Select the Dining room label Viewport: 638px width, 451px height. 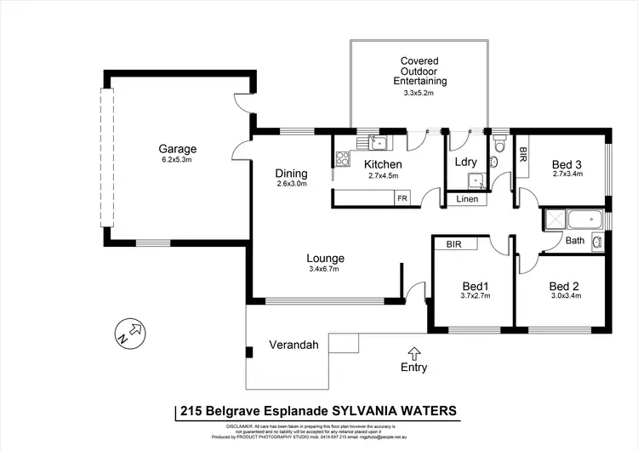click(x=291, y=170)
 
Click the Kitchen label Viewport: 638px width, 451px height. click(x=382, y=164)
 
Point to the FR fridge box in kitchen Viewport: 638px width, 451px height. click(x=402, y=197)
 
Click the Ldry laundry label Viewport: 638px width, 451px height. click(x=466, y=162)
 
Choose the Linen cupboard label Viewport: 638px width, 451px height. click(x=467, y=199)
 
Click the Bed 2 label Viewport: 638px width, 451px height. click(x=563, y=286)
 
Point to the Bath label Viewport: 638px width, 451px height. click(x=575, y=241)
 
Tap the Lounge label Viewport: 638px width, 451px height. click(x=326, y=258)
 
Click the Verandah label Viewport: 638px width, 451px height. click(x=293, y=345)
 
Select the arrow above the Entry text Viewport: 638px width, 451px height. click(x=414, y=352)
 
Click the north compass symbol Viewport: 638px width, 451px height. click(x=130, y=332)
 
